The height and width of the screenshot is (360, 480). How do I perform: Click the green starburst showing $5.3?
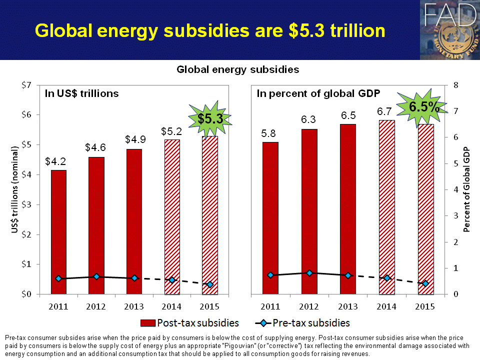pos(209,119)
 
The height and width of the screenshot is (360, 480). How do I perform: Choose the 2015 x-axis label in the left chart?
pos(209,306)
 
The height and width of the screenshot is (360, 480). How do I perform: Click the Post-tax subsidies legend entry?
pos(190,323)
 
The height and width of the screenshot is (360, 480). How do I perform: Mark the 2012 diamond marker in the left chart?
pos(96,276)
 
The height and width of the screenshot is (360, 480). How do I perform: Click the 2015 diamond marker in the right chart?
pos(425,283)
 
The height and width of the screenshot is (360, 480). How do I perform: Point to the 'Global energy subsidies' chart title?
pos(237,70)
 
